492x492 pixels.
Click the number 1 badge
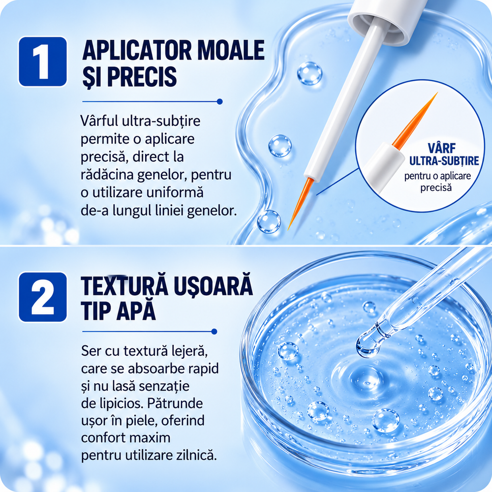click(x=43, y=61)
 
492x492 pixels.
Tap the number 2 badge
click(x=43, y=297)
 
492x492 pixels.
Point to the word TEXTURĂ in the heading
click(x=124, y=286)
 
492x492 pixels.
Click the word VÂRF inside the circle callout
click(x=441, y=148)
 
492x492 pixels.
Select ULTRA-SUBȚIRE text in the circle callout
click(x=444, y=161)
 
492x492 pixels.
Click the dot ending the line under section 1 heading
click(x=219, y=101)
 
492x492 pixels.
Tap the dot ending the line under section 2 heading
click(x=215, y=331)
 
